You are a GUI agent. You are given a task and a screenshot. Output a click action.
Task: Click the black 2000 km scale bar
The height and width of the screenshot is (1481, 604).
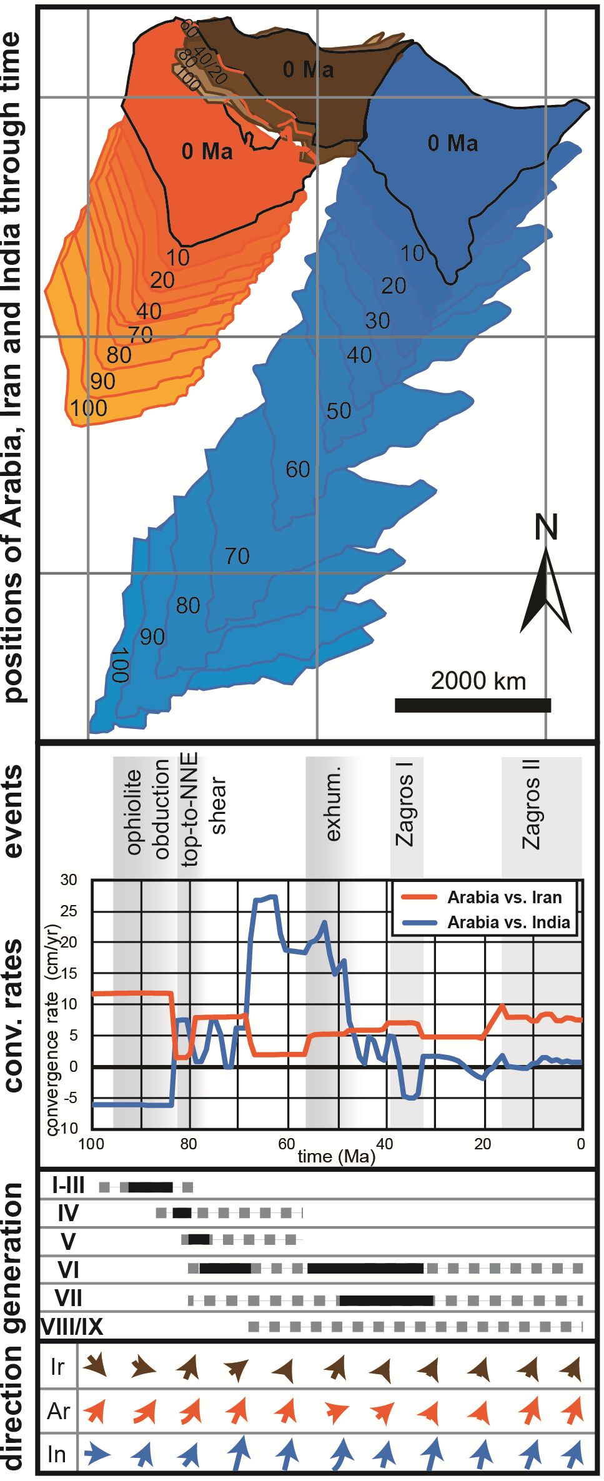[x=473, y=705]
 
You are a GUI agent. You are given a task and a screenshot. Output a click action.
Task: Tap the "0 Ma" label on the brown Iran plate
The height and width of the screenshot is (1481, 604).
[x=308, y=69]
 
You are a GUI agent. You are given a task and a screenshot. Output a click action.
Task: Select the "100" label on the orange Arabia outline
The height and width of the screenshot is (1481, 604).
[x=89, y=409]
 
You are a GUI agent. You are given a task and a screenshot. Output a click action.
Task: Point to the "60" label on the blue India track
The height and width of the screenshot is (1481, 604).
[x=298, y=469]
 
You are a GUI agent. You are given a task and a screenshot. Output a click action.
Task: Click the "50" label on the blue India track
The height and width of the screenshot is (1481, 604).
[x=339, y=411]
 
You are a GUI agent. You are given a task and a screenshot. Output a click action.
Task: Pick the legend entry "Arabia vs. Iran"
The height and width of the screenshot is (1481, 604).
[x=504, y=898]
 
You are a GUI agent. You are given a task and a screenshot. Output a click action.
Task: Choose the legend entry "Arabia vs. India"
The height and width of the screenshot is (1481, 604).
[x=508, y=923]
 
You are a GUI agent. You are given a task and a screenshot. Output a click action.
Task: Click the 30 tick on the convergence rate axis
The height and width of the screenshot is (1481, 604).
[x=69, y=881]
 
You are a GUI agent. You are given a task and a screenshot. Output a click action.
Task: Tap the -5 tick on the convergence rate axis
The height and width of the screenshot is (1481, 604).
[x=69, y=1097]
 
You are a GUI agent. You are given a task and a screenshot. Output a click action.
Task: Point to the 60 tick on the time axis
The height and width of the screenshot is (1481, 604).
[x=286, y=1144]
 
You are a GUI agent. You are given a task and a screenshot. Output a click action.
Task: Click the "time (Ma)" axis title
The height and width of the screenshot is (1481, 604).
[x=337, y=1156]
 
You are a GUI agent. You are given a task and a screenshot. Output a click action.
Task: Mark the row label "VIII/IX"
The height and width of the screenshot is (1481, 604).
[x=72, y=1326]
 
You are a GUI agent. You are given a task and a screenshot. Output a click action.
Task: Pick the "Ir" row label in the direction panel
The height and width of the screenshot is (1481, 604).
[x=57, y=1367]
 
